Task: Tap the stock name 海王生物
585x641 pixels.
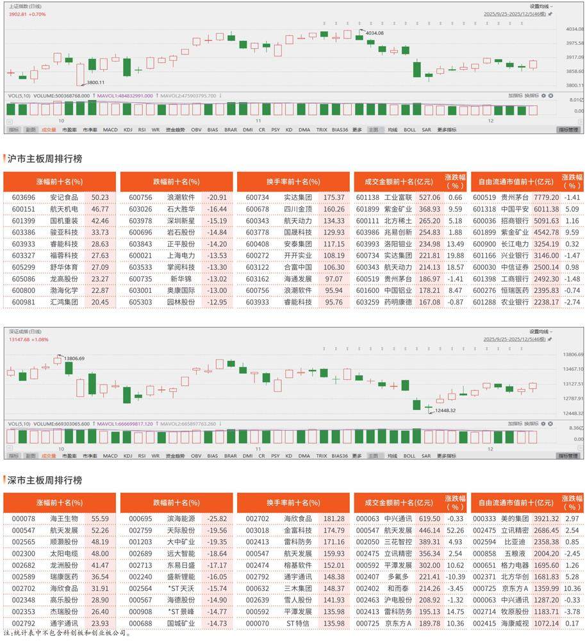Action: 64,519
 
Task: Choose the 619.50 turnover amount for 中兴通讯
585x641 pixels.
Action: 429,519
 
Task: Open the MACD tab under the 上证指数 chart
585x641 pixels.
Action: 110,129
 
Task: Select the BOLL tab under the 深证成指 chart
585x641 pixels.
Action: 409,456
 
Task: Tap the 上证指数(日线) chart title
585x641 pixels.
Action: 22,5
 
